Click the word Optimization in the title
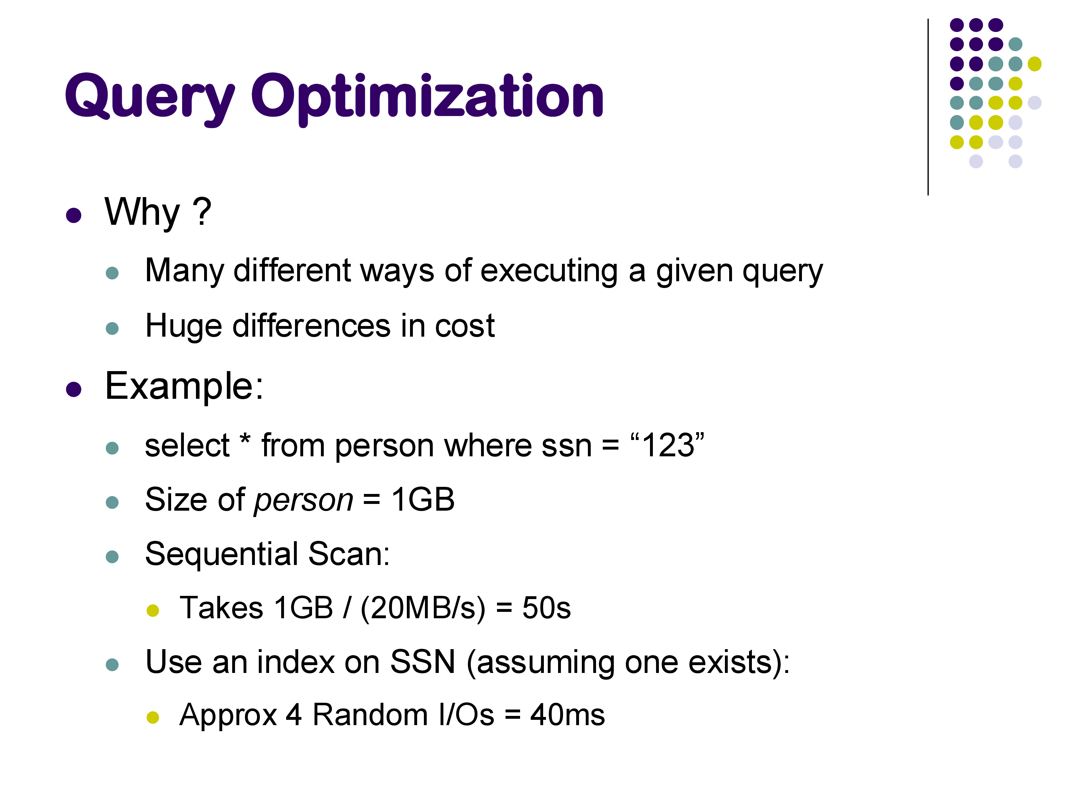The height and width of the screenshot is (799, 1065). click(427, 99)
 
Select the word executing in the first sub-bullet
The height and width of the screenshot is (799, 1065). click(549, 271)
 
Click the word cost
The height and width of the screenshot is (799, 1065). click(465, 326)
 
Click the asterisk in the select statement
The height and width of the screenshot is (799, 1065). click(245, 439)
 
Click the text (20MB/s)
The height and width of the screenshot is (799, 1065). click(423, 608)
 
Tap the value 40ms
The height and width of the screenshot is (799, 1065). click(568, 715)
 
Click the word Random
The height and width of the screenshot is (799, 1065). click(370, 715)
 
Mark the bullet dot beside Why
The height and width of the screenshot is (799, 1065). click(74, 215)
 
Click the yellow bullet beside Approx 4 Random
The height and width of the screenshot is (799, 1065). click(153, 718)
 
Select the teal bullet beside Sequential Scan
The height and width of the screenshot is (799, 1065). click(112, 557)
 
